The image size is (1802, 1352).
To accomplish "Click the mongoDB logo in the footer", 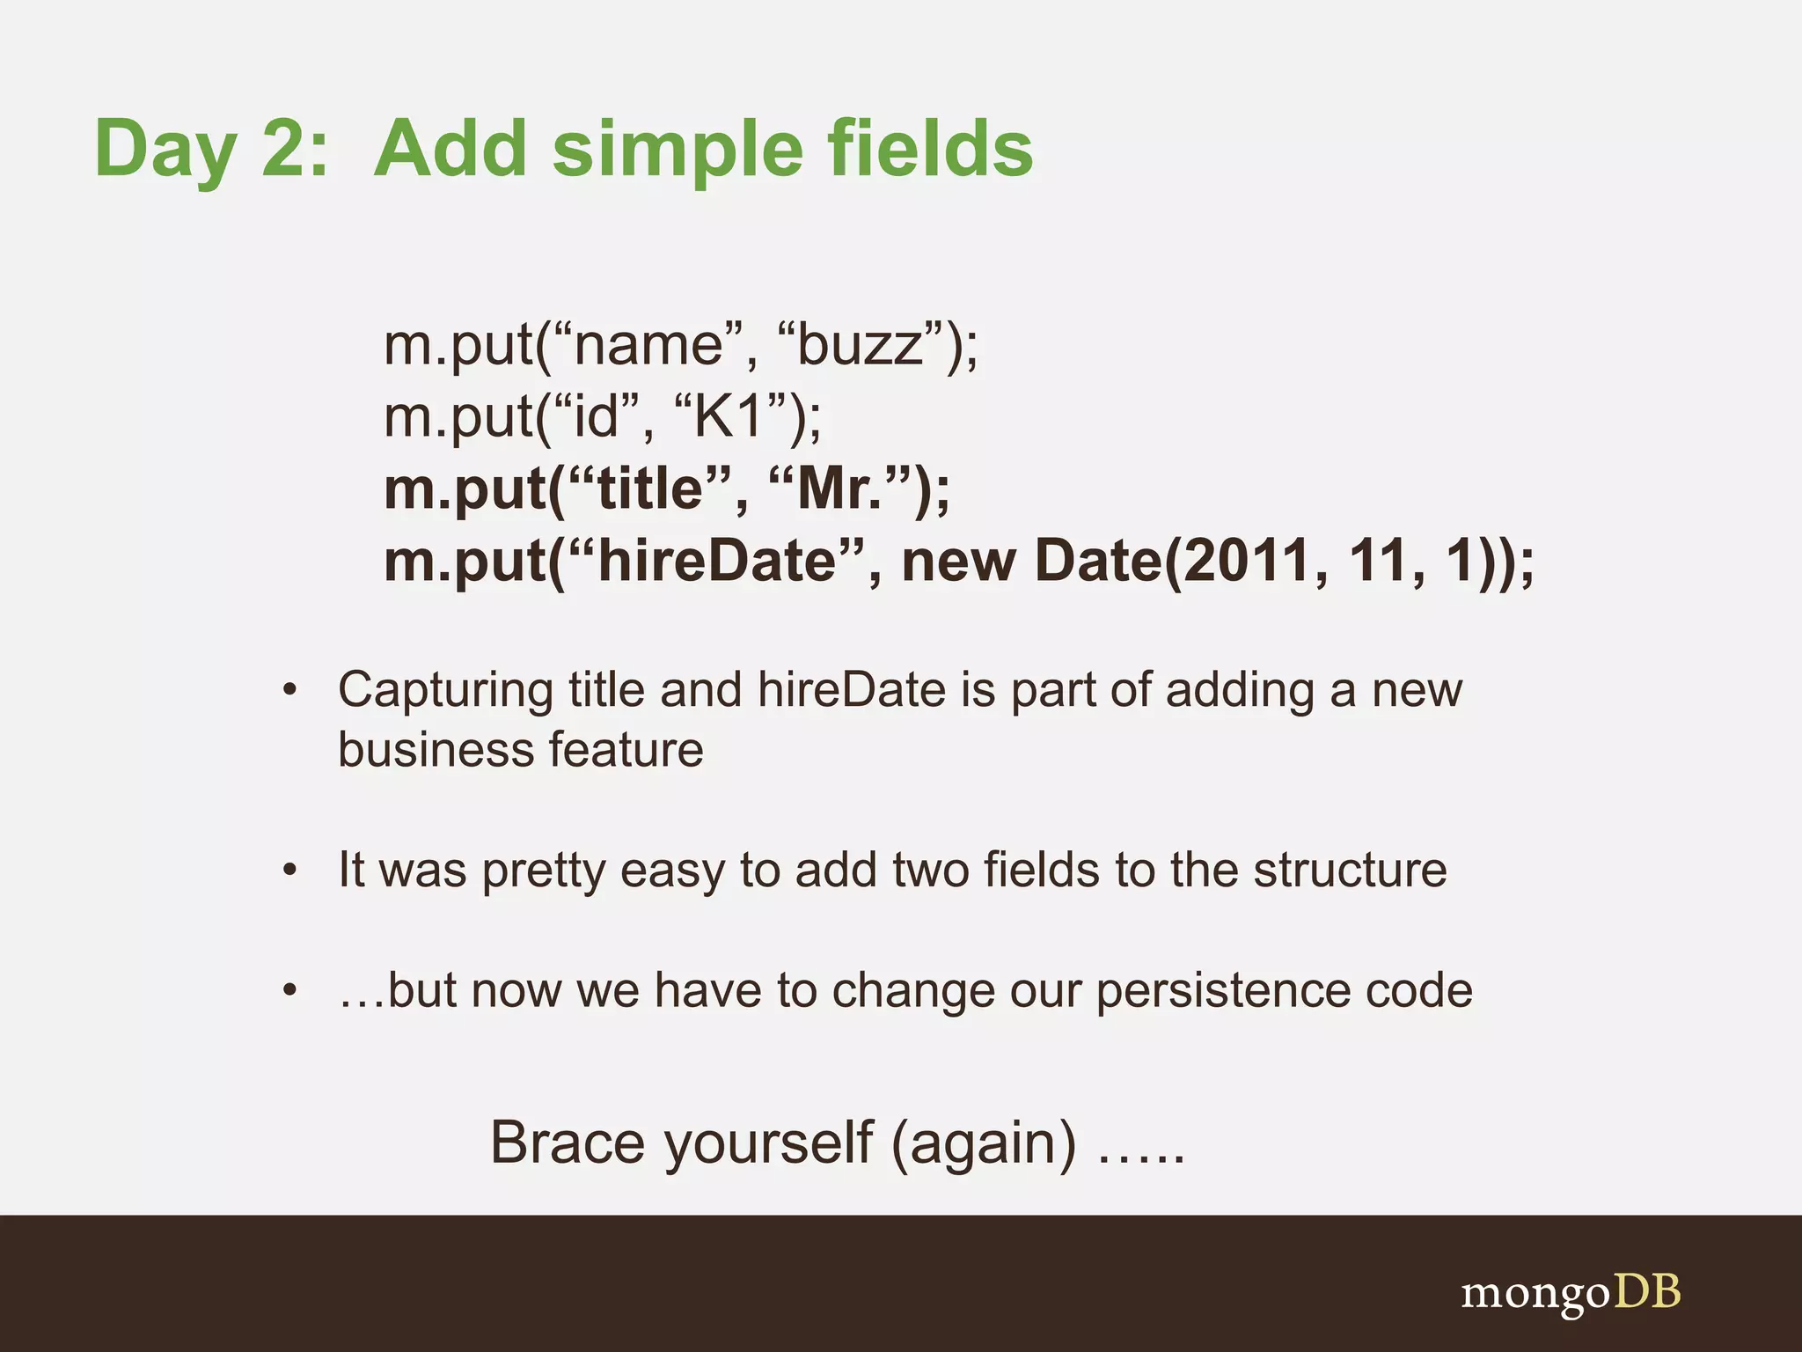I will [1571, 1293].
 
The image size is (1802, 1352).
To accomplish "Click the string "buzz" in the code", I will [861, 345].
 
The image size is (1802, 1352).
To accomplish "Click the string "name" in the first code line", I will [648, 345].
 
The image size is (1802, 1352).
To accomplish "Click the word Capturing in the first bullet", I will [445, 691].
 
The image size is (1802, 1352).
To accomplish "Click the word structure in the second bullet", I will [1350, 870].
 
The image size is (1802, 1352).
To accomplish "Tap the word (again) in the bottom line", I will [983, 1145].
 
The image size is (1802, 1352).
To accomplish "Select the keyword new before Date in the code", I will [958, 561].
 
